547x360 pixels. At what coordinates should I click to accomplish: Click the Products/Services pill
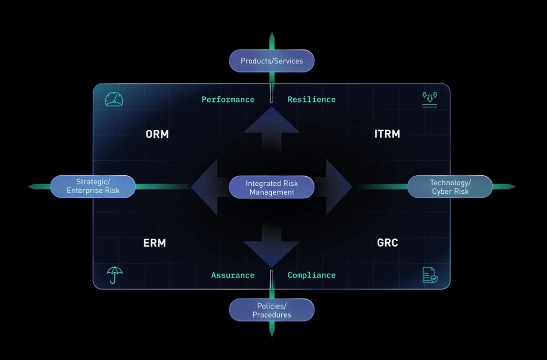coord(272,61)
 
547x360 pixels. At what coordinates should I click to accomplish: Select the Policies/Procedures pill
coord(272,310)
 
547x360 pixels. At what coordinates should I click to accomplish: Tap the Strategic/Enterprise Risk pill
coord(93,186)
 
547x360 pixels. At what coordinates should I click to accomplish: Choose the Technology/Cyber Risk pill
coord(450,187)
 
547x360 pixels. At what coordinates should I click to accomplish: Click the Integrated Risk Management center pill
coord(272,188)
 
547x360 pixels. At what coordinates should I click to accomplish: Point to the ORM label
coord(157,134)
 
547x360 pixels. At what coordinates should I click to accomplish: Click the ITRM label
coord(387,134)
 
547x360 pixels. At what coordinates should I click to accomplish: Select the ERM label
coord(154,243)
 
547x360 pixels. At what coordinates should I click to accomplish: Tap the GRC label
coord(388,243)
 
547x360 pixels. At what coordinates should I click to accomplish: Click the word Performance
coord(228,99)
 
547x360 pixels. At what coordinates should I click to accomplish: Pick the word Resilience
coord(311,99)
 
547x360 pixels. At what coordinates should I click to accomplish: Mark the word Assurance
coord(232,275)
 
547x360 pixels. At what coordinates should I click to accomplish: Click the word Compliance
coord(311,275)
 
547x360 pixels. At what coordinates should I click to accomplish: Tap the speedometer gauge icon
coord(114,100)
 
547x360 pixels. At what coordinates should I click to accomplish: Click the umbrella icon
coord(115,275)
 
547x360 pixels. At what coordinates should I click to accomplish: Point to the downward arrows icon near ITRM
coord(430,99)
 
